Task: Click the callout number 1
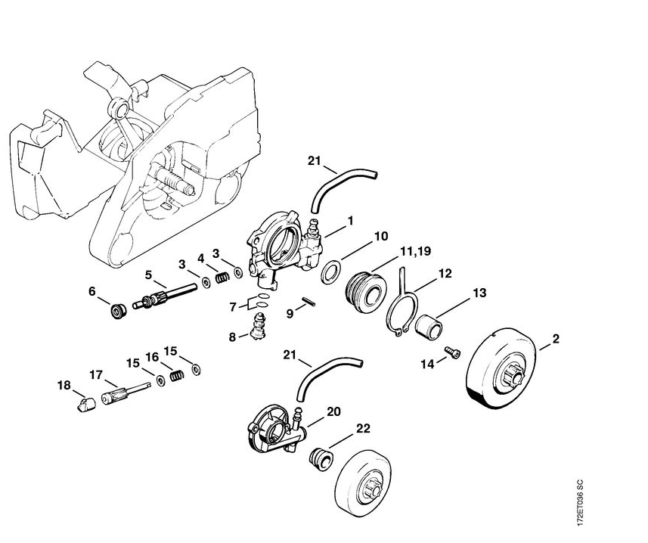tap(350, 221)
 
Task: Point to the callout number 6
tap(92, 290)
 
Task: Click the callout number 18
tap(64, 386)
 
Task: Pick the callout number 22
tap(363, 428)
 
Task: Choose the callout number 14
tap(428, 364)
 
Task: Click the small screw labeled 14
tap(452, 352)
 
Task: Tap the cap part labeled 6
tap(118, 309)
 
